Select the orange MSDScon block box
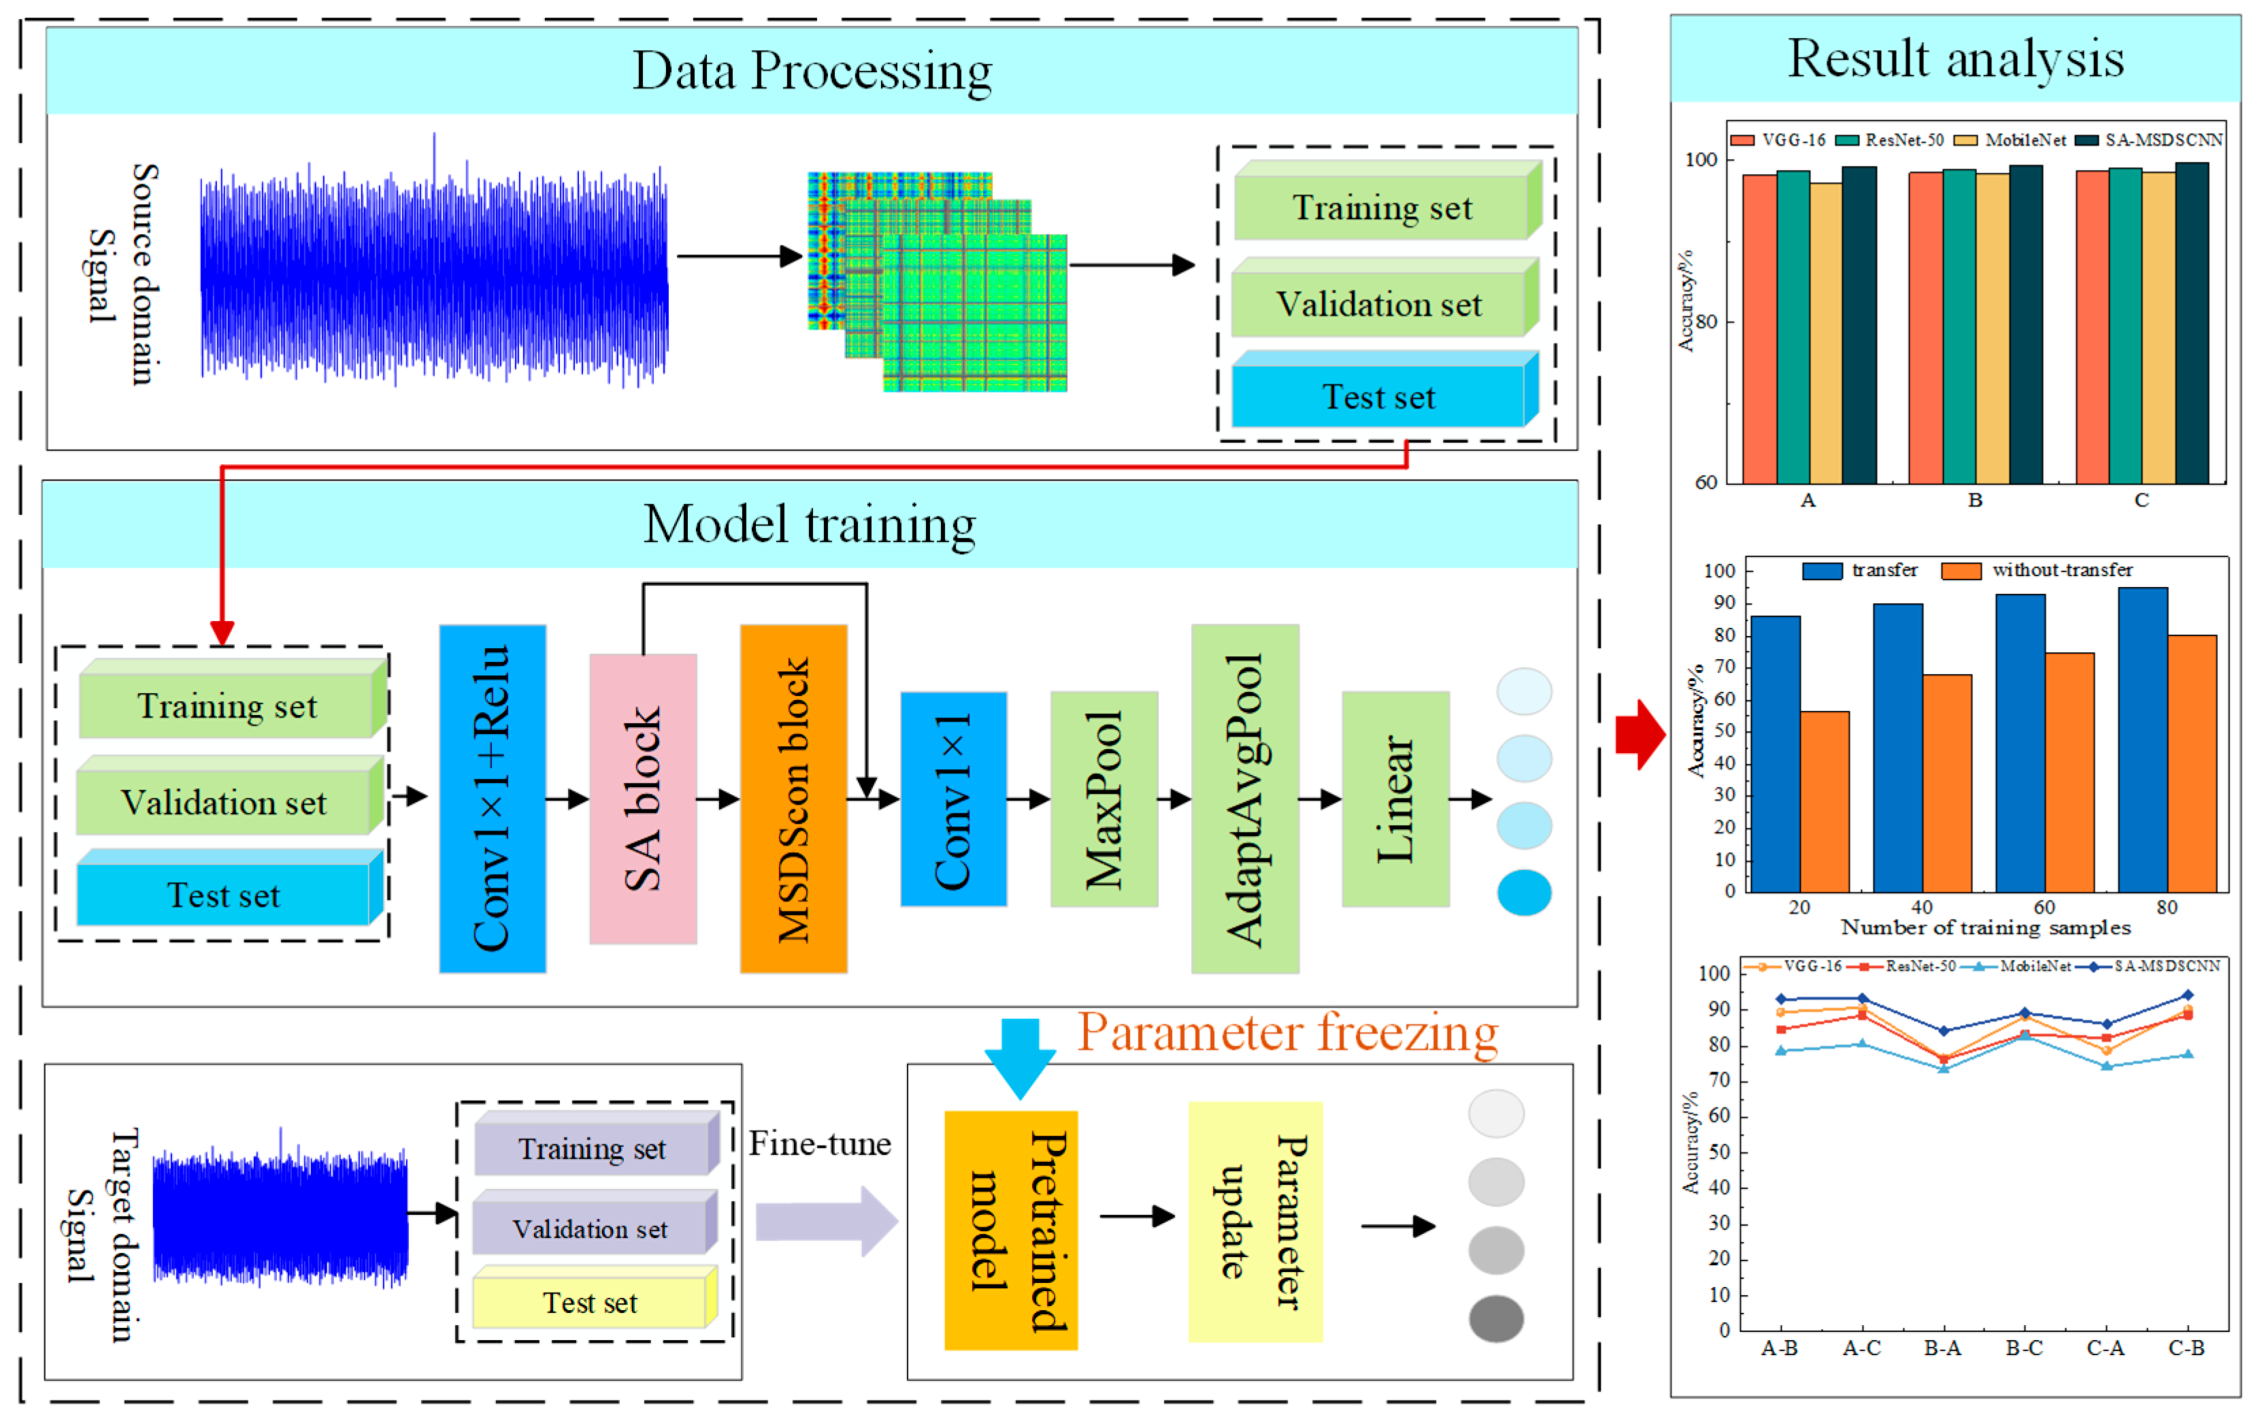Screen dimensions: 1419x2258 [x=793, y=798]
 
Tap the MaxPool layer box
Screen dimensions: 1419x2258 [x=1103, y=798]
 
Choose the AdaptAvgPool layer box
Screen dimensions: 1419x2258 [x=1244, y=798]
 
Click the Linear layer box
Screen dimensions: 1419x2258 [x=1395, y=798]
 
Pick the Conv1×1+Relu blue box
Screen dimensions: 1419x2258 [x=493, y=798]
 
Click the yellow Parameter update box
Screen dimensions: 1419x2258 [x=1255, y=1220]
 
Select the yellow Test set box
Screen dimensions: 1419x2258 [x=591, y=1302]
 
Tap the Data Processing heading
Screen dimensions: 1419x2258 [x=812, y=71]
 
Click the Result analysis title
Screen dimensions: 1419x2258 [x=1955, y=59]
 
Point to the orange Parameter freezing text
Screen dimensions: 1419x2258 [x=1286, y=1033]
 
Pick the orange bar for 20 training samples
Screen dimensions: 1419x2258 [x=1824, y=802]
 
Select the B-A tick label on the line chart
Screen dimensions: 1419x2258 [x=1942, y=1348]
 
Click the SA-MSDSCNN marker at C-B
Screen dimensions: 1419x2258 [x=2188, y=995]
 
